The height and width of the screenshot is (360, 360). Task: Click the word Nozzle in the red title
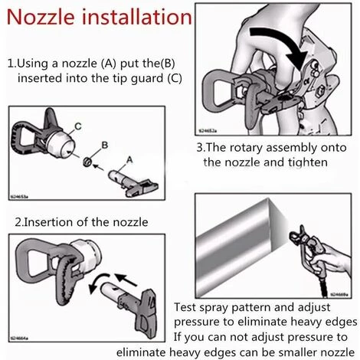(x=41, y=17)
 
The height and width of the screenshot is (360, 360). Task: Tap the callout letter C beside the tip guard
(x=78, y=126)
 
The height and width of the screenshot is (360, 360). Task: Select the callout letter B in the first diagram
(x=105, y=145)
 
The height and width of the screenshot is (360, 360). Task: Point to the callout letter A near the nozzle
(x=129, y=160)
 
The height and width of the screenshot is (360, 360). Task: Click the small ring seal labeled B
(x=87, y=162)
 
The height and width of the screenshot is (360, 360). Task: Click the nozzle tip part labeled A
(x=133, y=183)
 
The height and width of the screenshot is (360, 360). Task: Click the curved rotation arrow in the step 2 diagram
(x=97, y=282)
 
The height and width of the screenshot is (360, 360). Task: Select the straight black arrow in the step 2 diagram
(x=126, y=280)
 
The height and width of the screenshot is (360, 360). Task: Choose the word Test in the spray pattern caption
(x=185, y=307)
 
